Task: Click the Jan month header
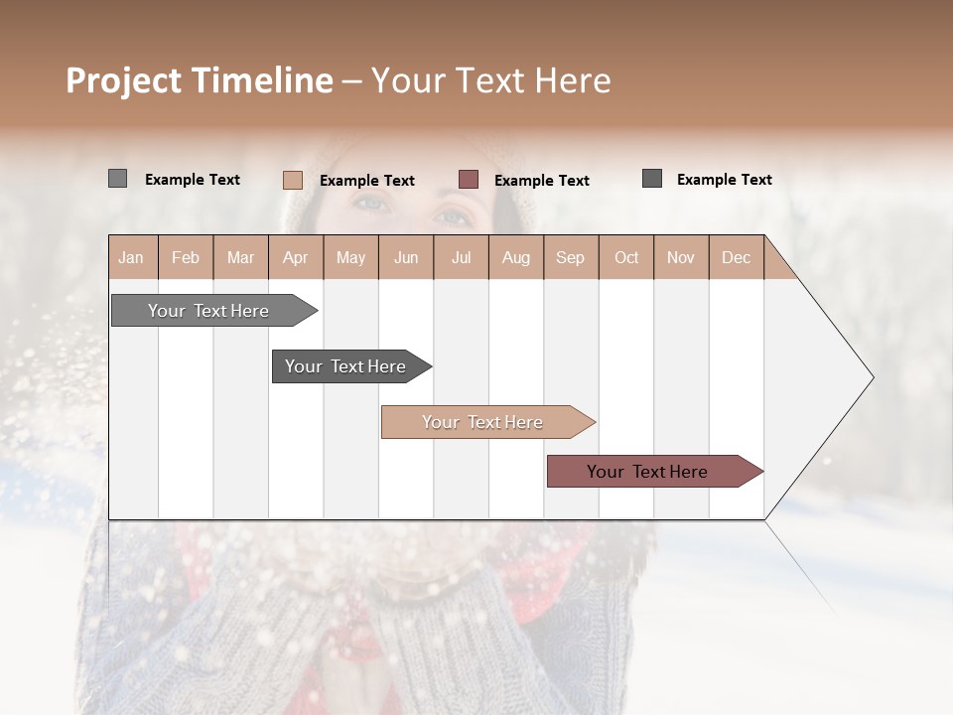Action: pyautogui.click(x=131, y=257)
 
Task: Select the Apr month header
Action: pyautogui.click(x=295, y=257)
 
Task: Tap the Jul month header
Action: pyautogui.click(x=461, y=257)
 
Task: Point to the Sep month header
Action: pyautogui.click(x=570, y=257)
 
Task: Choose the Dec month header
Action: pyautogui.click(x=736, y=257)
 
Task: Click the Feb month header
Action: pyautogui.click(x=186, y=257)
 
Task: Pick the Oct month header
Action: pyautogui.click(x=626, y=257)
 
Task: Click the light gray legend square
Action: pyautogui.click(x=117, y=179)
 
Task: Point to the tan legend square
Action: pyautogui.click(x=293, y=180)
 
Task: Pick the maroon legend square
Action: pyautogui.click(x=469, y=180)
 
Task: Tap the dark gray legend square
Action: pyautogui.click(x=652, y=179)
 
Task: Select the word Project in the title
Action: pyautogui.click(x=123, y=80)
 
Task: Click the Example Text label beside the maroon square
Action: pyautogui.click(x=541, y=180)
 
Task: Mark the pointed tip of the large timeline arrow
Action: pyautogui.click(x=872, y=377)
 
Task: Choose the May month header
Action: pyautogui.click(x=350, y=257)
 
